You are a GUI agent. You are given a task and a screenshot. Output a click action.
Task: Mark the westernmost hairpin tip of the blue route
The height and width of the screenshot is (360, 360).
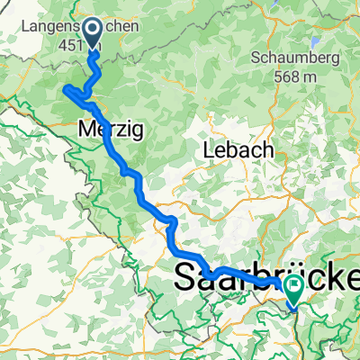(x=63, y=87)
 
